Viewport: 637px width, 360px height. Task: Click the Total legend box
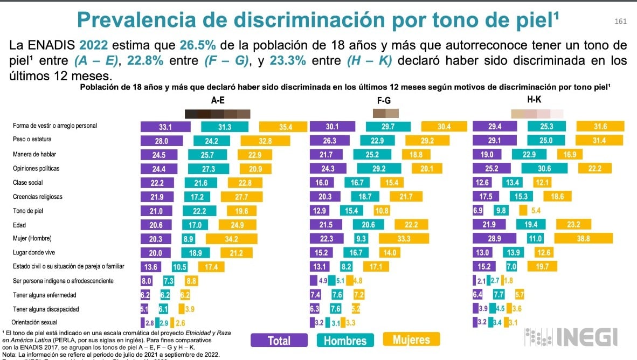pos(280,340)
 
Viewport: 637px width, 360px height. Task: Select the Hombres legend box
pos(345,340)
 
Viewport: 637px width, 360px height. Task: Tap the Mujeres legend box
pos(411,339)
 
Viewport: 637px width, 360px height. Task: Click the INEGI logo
pos(571,337)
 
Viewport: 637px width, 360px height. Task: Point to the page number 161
pos(620,21)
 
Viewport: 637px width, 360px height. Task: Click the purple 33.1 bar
pos(165,127)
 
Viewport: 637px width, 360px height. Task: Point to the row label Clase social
pos(28,183)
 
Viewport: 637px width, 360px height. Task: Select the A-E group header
pos(218,100)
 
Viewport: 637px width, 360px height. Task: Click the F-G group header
pos(385,100)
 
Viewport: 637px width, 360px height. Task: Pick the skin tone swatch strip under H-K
pos(537,114)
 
